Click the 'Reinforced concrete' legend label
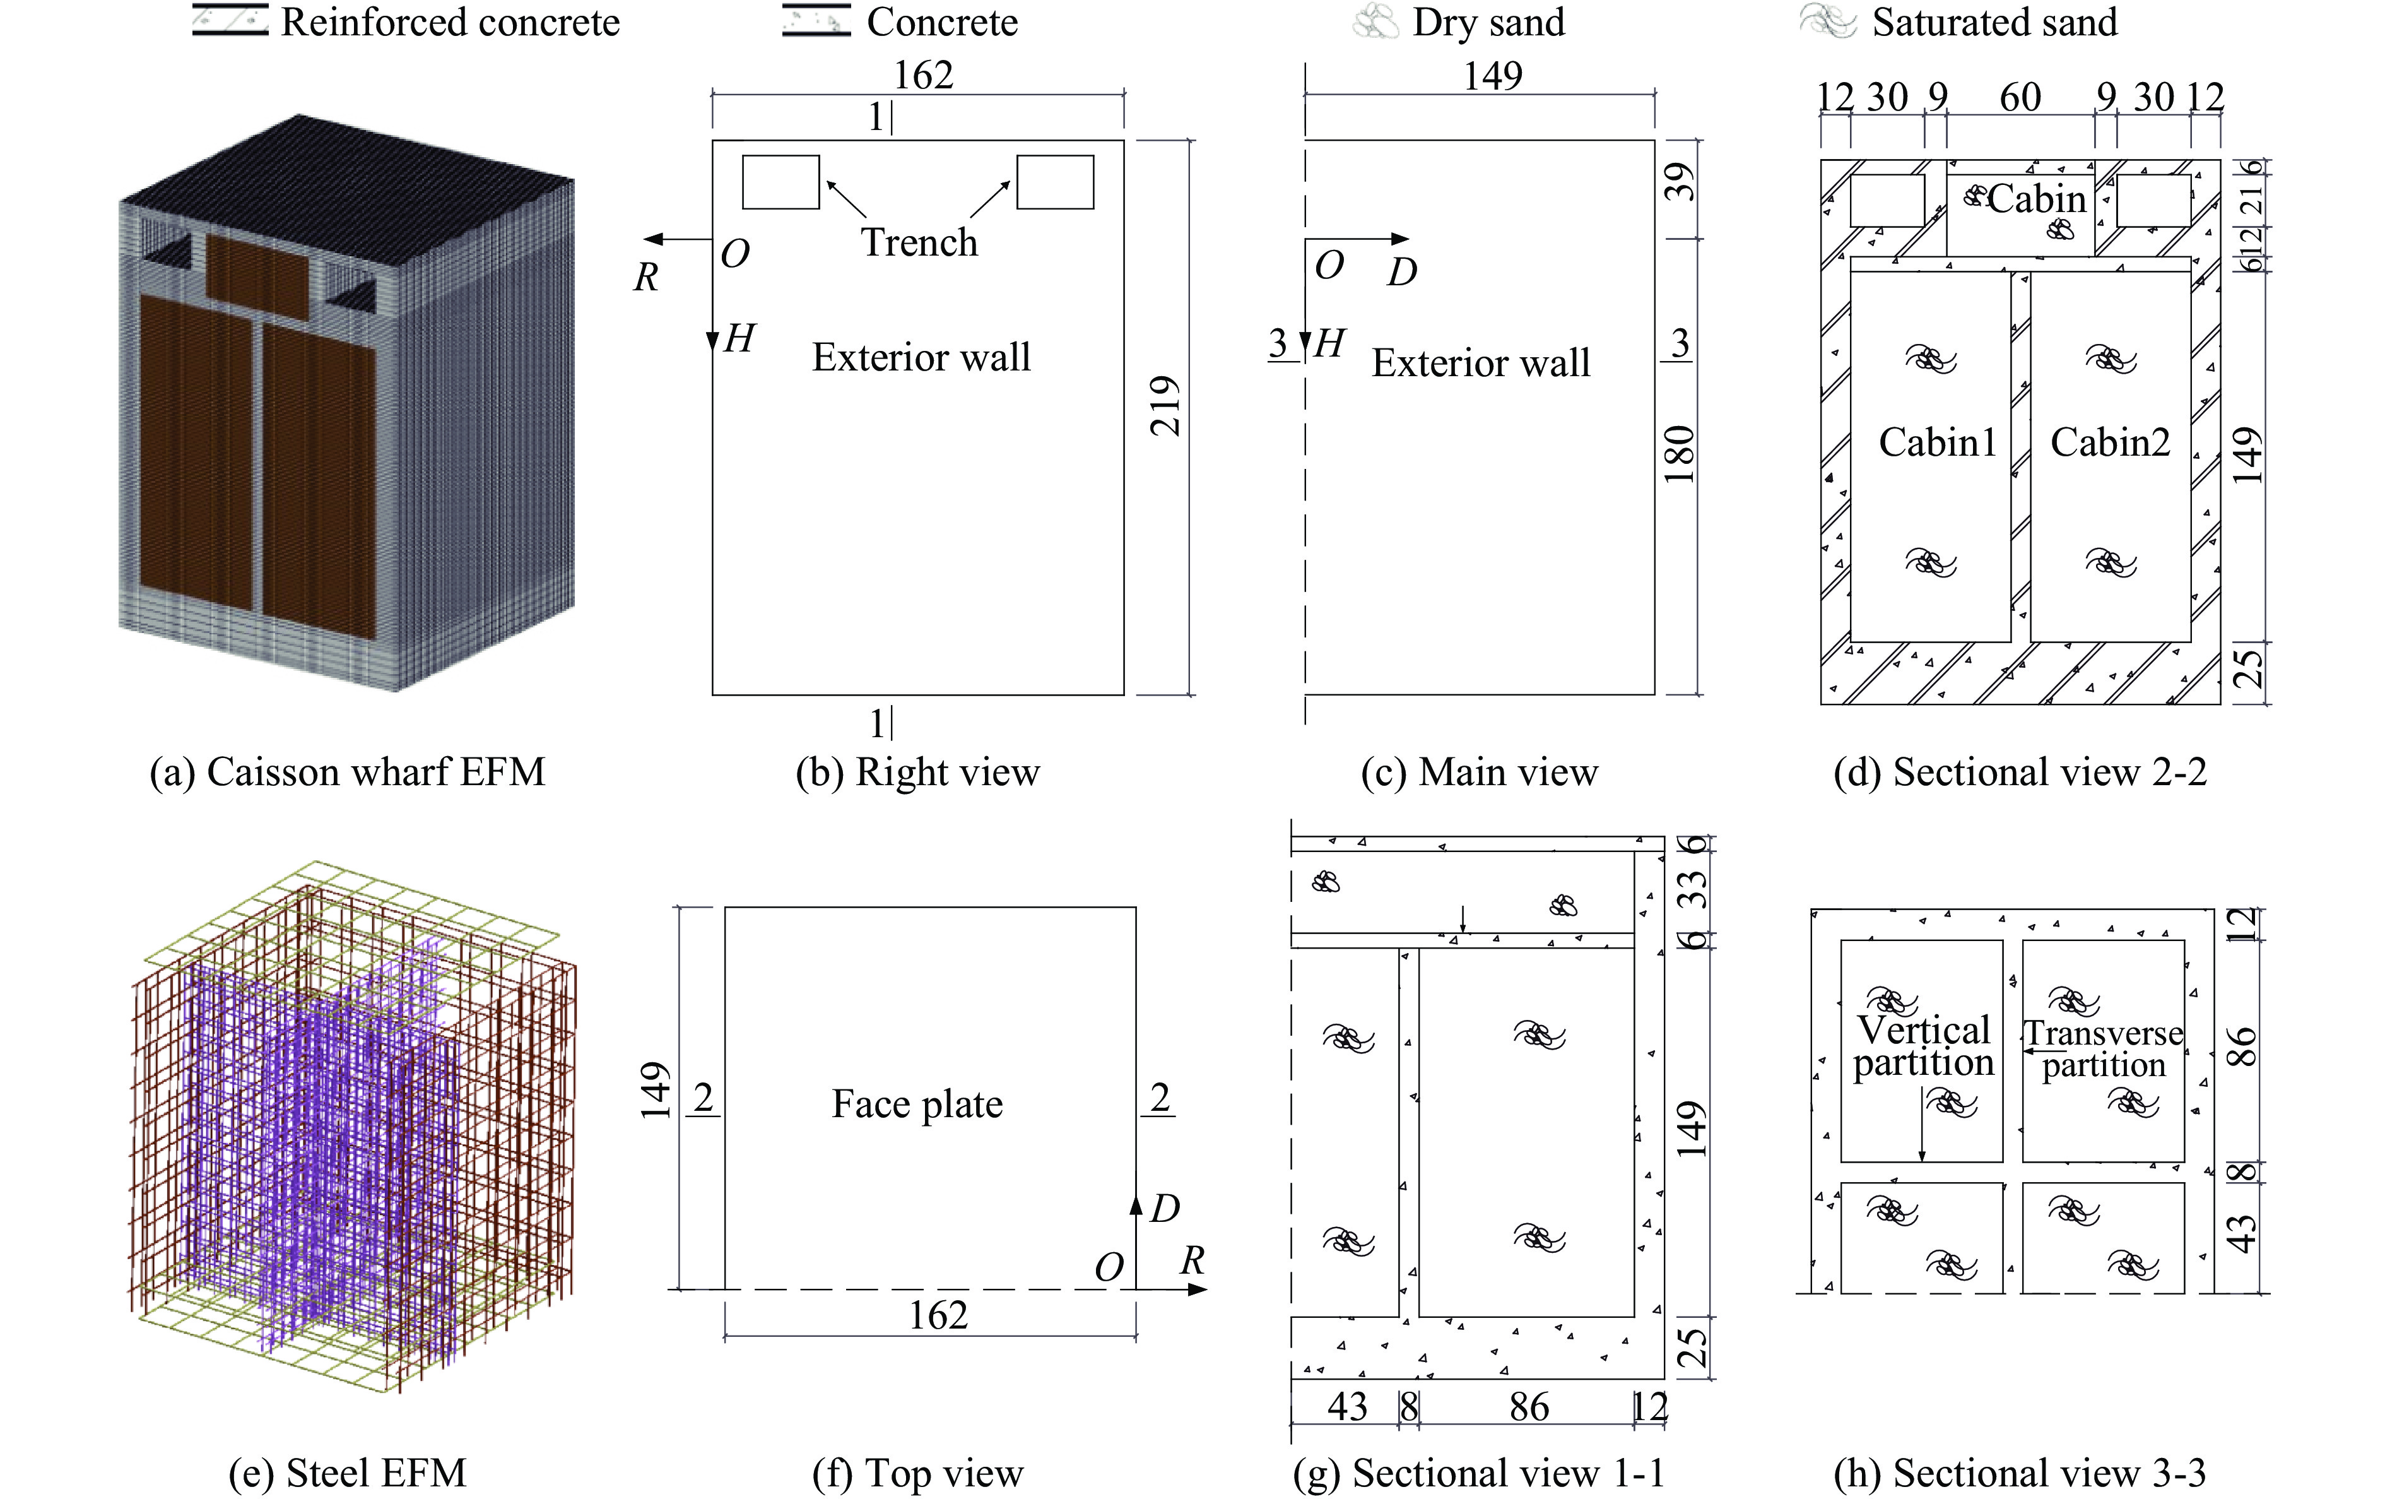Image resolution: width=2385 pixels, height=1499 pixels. point(450,22)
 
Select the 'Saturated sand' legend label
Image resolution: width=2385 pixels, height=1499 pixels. point(1994,22)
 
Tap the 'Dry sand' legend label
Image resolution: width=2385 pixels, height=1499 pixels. point(1488,22)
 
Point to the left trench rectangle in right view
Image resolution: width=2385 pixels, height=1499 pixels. point(780,182)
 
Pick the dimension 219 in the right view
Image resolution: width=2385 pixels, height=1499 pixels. point(1166,406)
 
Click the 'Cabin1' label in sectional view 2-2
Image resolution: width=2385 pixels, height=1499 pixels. point(1937,442)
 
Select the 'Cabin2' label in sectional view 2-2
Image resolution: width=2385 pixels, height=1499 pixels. point(2110,442)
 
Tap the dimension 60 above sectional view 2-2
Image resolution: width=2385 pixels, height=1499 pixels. point(2020,97)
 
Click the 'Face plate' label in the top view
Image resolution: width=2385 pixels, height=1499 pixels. point(917,1104)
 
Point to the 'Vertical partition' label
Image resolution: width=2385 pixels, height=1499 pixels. point(1923,1046)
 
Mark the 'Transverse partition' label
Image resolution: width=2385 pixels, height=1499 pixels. point(2104,1048)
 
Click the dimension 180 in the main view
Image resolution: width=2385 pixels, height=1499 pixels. point(1680,454)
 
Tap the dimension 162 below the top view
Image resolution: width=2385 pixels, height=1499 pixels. point(938,1316)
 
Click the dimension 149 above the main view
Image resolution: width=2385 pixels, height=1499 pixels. point(1493,75)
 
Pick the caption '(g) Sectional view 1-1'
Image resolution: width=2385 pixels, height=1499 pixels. point(1479,1473)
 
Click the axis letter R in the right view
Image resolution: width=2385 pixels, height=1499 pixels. point(645,278)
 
